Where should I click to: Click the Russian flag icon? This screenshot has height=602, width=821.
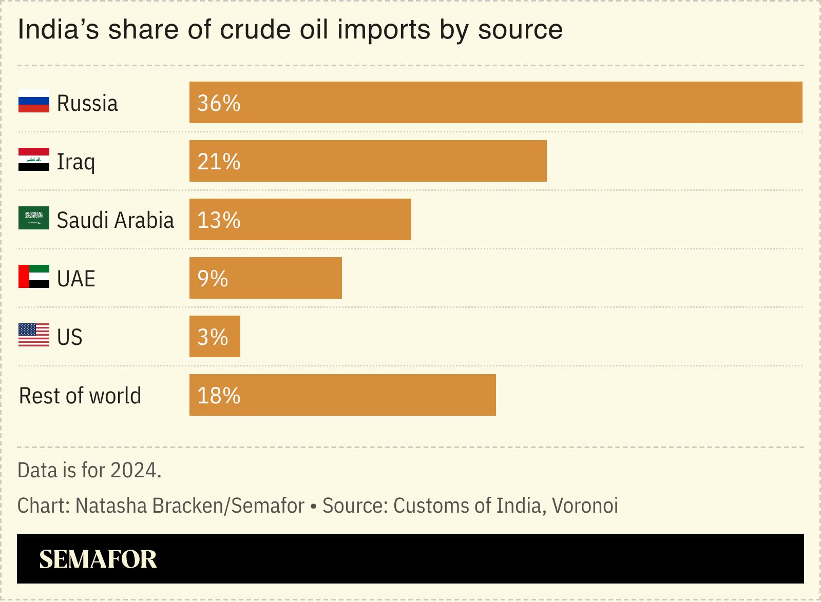coord(34,101)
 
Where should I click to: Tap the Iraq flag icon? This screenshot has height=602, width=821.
coord(34,160)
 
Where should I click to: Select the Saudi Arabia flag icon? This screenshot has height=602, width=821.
coord(34,218)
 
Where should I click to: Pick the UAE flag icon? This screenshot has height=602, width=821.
coord(34,277)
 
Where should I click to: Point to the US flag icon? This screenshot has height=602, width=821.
coord(34,335)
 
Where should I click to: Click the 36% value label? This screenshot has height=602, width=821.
coord(219,103)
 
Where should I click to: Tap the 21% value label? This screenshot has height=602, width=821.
coord(219,162)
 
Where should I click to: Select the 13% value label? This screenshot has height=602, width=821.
coord(219,220)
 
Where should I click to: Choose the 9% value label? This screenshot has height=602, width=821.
coord(213,279)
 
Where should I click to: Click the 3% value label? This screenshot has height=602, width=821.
coord(213,337)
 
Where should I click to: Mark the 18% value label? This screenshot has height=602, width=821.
coord(219,396)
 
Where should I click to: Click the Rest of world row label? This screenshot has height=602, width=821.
coord(80,396)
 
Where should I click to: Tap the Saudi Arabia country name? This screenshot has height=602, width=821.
coord(115,220)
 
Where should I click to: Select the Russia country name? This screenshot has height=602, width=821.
coord(87,103)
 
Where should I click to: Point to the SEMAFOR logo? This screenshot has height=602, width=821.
coord(98,559)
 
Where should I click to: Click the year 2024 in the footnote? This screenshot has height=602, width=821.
coord(135,470)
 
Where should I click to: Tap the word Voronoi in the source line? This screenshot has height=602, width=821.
coord(585,506)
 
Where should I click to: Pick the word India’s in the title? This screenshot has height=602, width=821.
coord(59,30)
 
